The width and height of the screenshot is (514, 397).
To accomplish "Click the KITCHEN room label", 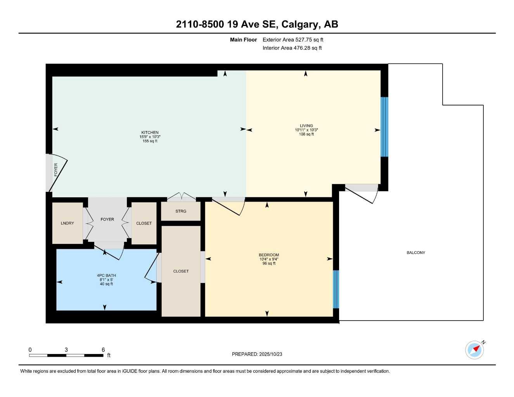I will pos(150,133).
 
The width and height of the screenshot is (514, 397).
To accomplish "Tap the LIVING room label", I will pos(306,126).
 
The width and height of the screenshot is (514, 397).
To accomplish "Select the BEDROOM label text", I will pos(269,255).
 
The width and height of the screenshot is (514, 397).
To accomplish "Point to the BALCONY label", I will pos(415,253).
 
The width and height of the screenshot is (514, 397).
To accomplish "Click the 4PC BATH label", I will pos(106,276).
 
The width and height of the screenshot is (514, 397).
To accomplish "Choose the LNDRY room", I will pos(67,223).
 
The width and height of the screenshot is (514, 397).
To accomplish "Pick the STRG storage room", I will pos(181,211).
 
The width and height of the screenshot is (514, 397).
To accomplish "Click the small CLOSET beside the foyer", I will pos(144,223).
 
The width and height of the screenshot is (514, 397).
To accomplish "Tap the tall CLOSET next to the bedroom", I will pos(181,271).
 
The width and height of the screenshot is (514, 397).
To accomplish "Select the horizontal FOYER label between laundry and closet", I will pos(107,219).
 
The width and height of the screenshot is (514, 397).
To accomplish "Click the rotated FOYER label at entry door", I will pos(56,170).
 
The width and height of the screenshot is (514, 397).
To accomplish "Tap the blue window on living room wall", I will pos(384,127).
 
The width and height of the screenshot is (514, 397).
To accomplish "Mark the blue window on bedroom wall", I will pos(336,289).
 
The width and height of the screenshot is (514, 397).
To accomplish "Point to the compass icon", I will pos(475,350).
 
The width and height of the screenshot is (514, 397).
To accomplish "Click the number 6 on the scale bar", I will pos(103,350).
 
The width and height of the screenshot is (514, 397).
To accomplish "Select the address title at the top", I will pos(257,24).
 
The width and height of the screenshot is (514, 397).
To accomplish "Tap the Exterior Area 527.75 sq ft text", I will pos(293,40).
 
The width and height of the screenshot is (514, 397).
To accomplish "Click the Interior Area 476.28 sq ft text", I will pos(292,48).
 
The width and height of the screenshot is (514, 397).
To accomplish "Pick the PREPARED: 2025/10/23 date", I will pos(257,354).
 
